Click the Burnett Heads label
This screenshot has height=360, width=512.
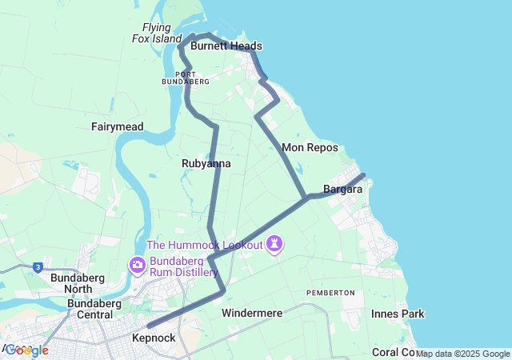click(226, 46)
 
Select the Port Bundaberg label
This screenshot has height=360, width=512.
click(185, 78)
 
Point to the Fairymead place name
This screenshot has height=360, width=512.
click(117, 126)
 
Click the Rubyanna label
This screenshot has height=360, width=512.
click(206, 163)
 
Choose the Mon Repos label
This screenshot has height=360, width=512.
click(310, 148)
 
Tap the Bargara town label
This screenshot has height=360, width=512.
click(343, 190)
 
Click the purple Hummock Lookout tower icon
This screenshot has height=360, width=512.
click(275, 243)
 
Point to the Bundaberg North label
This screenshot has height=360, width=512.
click(71, 283)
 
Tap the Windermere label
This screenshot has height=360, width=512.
click(252, 313)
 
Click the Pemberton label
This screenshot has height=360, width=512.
click(330, 293)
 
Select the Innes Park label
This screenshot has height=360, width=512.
click(398, 314)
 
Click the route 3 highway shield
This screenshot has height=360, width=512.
click(38, 267)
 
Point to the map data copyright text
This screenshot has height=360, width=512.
click(462, 354)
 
